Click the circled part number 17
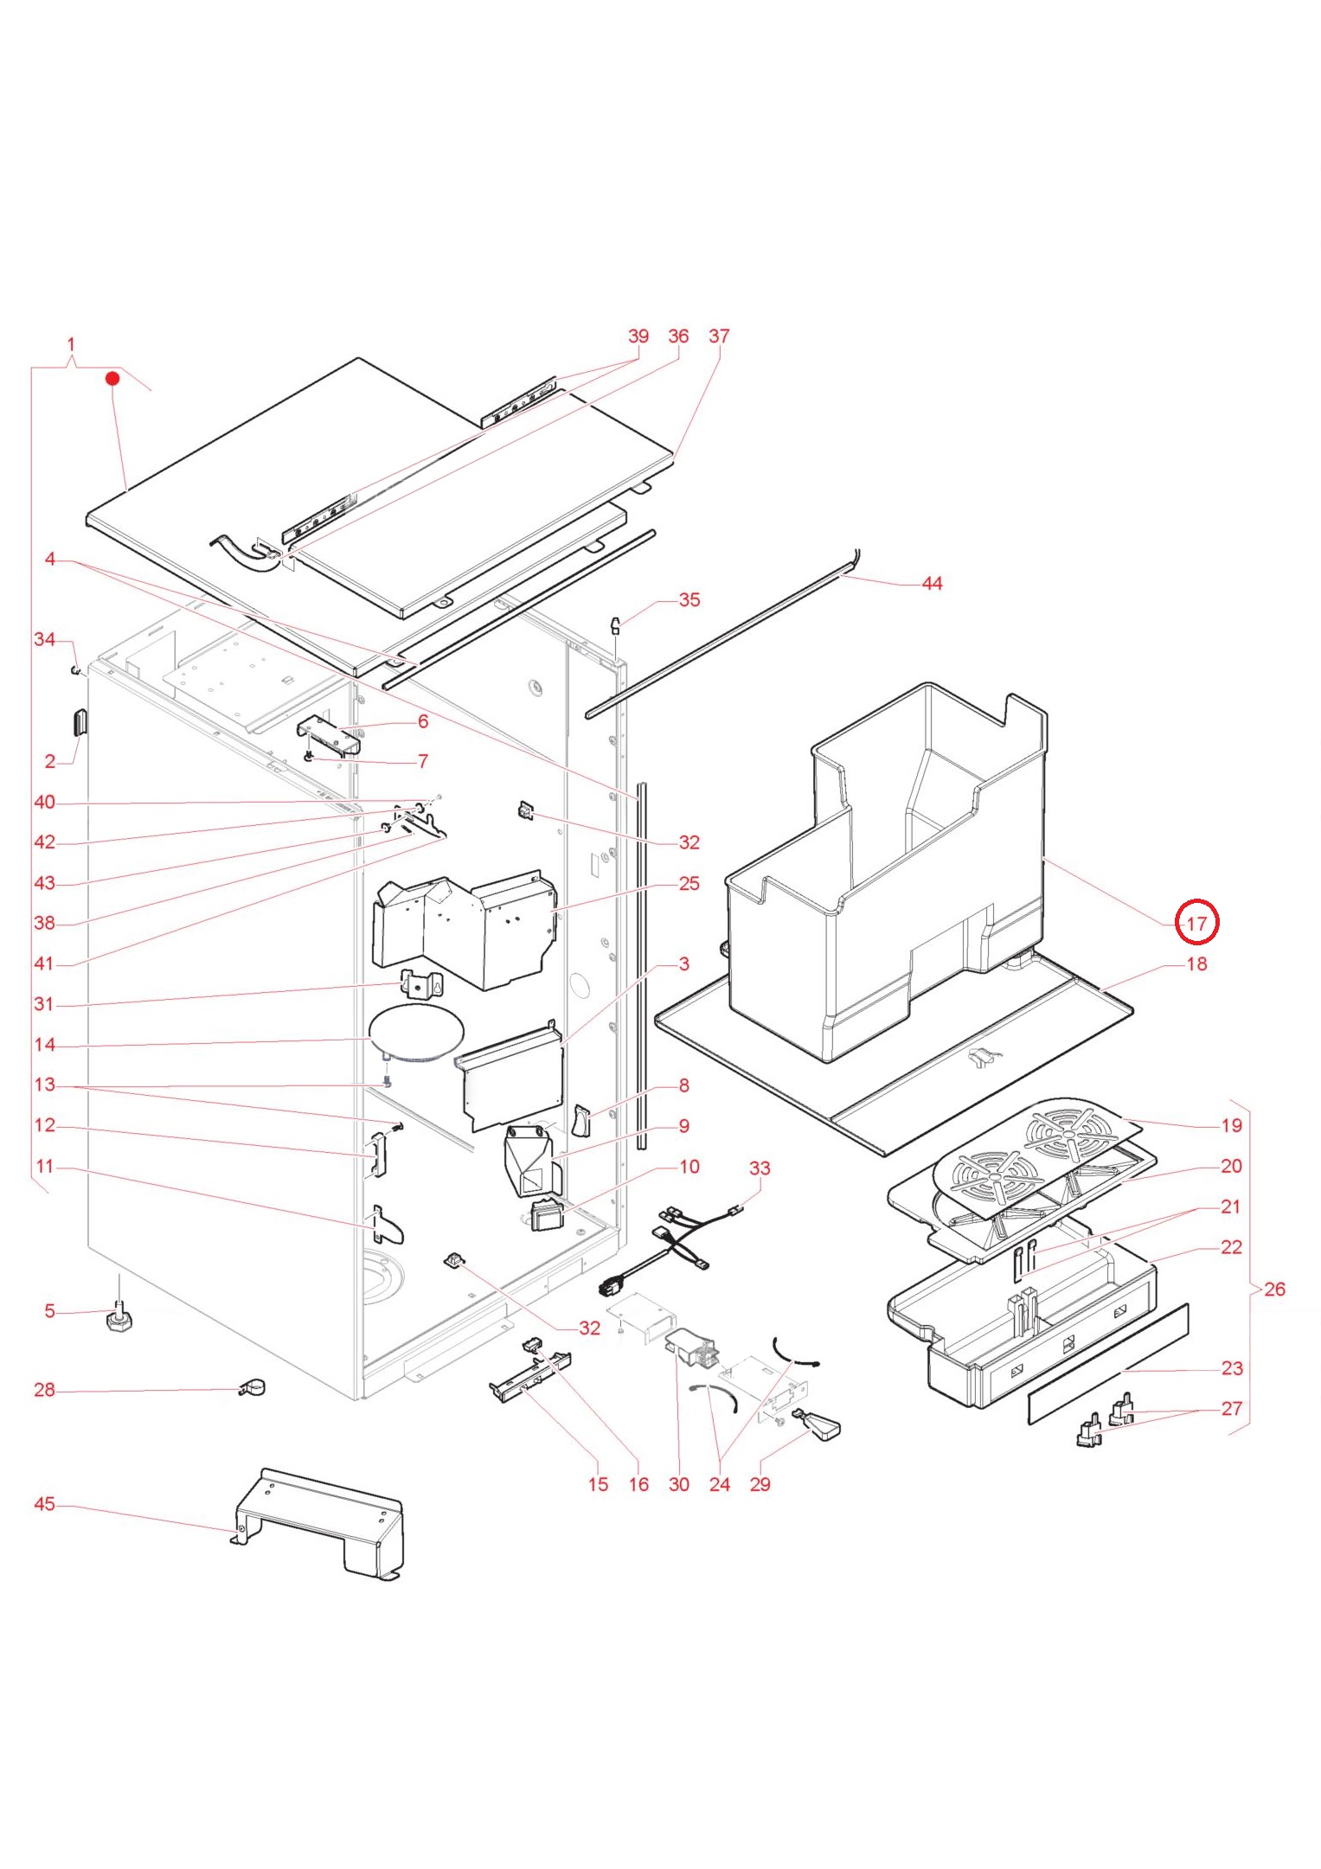pos(1196,923)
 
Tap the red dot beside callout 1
pos(112,379)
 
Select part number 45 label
pos(44,1504)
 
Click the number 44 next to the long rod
pos(932,584)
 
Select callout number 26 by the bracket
pos(1274,1289)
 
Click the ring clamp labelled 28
pos(253,1387)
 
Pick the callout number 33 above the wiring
pos(759,1168)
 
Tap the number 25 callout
pos(689,883)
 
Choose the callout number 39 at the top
pos(638,336)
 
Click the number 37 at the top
pos(719,336)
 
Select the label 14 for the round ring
pos(44,1045)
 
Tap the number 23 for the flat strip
pos(1232,1368)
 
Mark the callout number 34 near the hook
pos(44,639)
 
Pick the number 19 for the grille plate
pos(1231,1125)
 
